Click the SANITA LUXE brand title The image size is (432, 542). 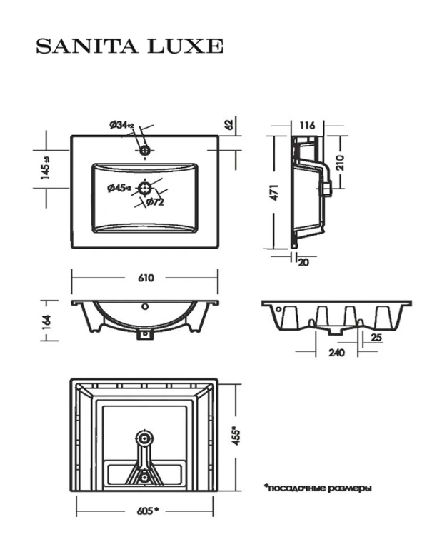[x=130, y=46]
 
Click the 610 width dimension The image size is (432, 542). [x=146, y=278]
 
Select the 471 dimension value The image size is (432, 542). [x=273, y=192]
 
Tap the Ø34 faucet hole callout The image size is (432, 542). [x=121, y=125]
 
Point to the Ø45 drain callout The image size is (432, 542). [x=119, y=188]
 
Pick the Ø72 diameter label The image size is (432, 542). [x=155, y=202]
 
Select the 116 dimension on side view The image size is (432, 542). [x=307, y=125]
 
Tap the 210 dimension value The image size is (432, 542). [x=340, y=163]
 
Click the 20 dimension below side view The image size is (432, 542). [x=303, y=262]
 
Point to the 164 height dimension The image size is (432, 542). [x=46, y=321]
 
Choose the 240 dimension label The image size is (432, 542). [x=336, y=353]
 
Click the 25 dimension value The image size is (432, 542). [x=376, y=337]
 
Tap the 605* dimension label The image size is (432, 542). [x=148, y=511]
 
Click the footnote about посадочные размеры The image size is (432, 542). [x=318, y=488]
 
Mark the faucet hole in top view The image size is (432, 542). [x=145, y=151]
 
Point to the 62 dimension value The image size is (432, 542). [x=229, y=124]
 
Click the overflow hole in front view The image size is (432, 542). [x=146, y=306]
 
